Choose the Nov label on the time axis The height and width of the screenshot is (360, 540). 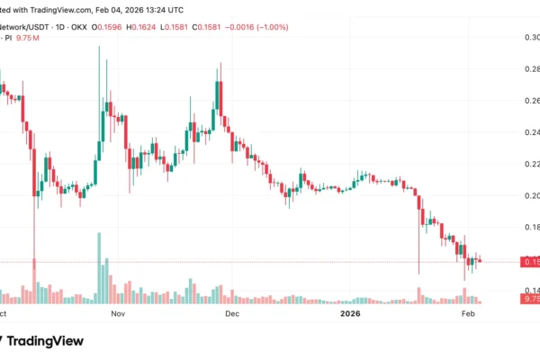tap(116, 315)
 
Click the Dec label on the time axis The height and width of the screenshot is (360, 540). tap(231, 315)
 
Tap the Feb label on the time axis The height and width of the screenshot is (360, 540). tap(468, 315)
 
